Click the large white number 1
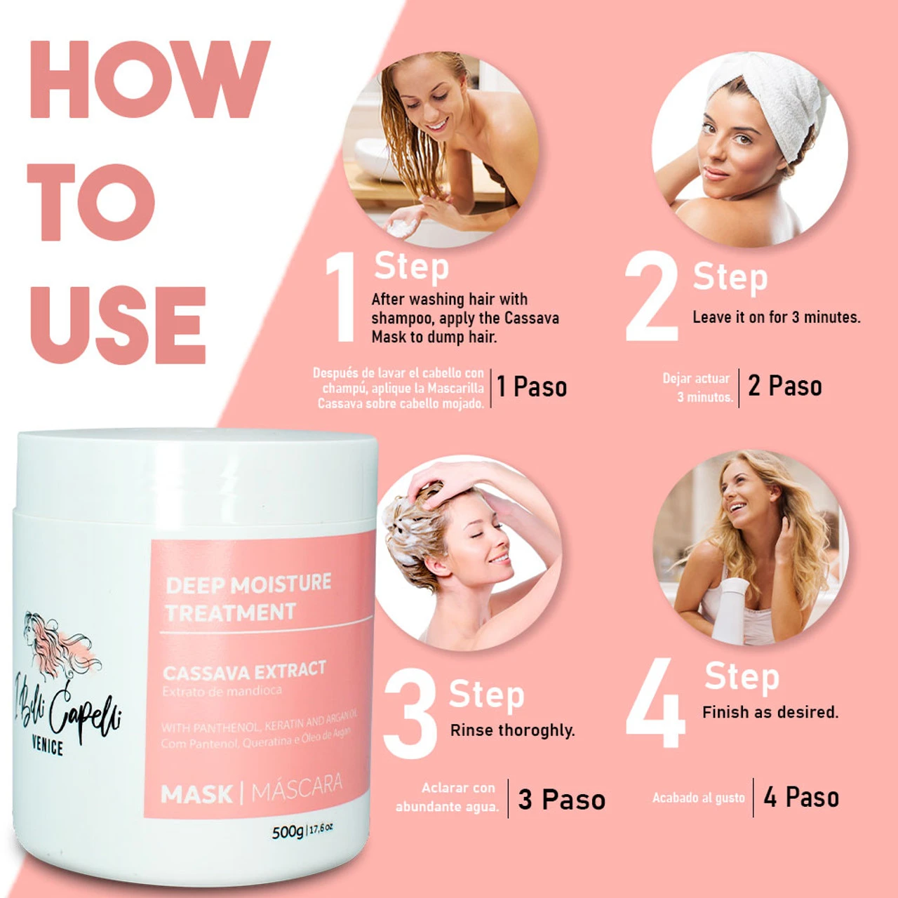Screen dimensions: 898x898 click(x=342, y=298)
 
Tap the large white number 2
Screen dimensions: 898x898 click(x=651, y=297)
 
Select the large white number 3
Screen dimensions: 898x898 click(x=410, y=714)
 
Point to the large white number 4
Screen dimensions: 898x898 click(x=655, y=703)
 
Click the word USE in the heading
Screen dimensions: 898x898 click(x=118, y=324)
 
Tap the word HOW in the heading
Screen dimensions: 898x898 click(x=149, y=79)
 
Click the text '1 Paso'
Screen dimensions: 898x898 click(x=532, y=387)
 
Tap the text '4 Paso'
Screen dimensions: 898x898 click(x=801, y=798)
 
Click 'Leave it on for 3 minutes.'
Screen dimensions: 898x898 click(x=776, y=317)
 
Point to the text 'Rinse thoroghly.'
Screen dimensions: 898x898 click(x=512, y=730)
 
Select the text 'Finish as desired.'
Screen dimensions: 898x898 click(x=770, y=712)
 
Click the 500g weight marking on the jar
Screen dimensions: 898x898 click(x=288, y=832)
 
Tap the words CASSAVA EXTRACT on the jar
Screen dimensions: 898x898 click(x=244, y=671)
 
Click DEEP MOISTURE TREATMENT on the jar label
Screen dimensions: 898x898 click(x=247, y=598)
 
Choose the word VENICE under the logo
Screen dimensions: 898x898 click(x=48, y=746)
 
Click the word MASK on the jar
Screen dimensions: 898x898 click(x=196, y=794)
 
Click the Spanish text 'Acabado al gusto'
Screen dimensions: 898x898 click(x=698, y=798)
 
